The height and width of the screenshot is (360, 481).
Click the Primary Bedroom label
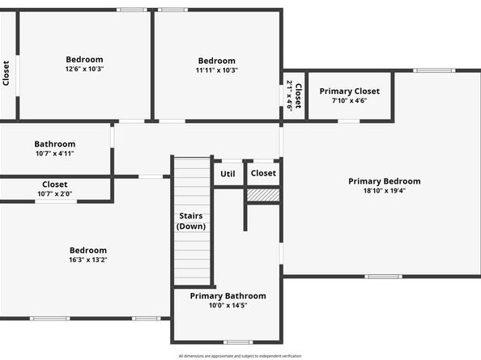tap(384, 181)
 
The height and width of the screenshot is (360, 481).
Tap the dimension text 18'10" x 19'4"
tap(384, 192)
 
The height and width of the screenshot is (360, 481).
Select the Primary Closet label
tap(349, 91)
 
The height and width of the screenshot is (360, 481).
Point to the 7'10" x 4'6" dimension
tap(349, 101)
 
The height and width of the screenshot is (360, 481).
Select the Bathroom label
tap(55, 144)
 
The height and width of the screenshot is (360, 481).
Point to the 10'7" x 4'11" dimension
tap(55, 154)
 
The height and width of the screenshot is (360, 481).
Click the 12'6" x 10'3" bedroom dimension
tap(84, 70)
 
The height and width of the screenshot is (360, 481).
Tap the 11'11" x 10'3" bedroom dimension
tap(216, 70)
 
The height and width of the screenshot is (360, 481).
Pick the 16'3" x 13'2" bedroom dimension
tap(87, 260)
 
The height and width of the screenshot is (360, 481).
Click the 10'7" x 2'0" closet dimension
tap(55, 194)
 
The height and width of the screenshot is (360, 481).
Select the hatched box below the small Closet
tap(262, 195)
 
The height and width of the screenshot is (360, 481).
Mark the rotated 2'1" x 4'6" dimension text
tap(289, 96)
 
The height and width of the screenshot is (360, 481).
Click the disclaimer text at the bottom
tap(240, 355)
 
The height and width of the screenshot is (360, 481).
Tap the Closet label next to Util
tap(263, 173)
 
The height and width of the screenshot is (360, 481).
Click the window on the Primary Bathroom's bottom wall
tap(238, 342)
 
